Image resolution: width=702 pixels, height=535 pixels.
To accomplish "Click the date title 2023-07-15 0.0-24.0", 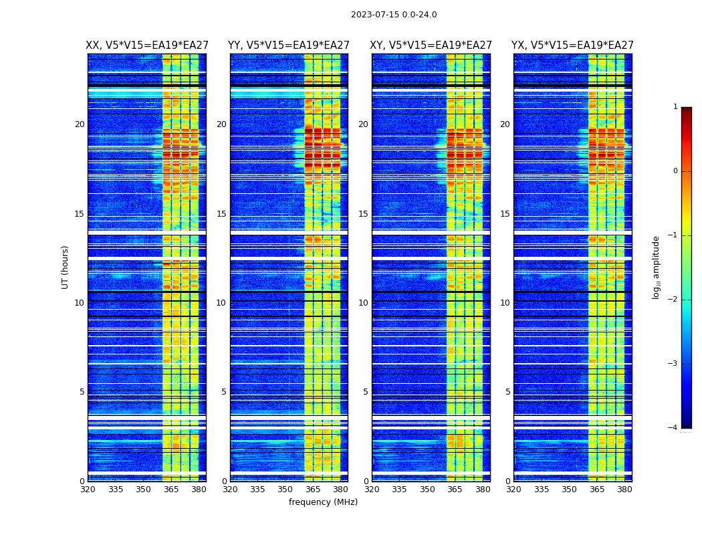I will tap(394, 15).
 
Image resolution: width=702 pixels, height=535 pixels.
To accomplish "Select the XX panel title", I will tap(147, 45).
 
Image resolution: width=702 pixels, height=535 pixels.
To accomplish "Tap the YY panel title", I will tap(289, 45).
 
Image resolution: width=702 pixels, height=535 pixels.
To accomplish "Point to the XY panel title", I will tap(431, 45).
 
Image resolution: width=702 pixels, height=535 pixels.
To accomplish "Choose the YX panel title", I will tap(572, 45).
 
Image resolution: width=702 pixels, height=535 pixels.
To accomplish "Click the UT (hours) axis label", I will tap(66, 267).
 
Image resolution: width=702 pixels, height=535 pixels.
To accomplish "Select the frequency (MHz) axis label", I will tap(323, 502).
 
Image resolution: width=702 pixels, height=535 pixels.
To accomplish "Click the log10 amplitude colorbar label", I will tap(657, 267).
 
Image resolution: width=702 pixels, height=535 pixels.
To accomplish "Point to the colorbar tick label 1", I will tap(675, 107).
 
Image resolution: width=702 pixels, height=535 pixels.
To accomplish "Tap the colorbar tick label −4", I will tap(673, 428).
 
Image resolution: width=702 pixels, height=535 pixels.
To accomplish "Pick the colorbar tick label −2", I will tap(673, 300).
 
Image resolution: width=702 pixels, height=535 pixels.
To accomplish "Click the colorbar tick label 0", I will tap(675, 171).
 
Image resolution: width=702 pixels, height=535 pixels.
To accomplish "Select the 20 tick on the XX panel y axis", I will tap(80, 124).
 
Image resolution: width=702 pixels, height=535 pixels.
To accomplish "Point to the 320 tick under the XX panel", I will tap(88, 490).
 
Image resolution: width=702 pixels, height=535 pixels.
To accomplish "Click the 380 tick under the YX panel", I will tap(624, 490).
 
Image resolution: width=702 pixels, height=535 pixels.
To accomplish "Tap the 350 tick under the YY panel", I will tap(285, 490).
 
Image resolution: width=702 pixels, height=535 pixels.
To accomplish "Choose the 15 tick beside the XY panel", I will tap(363, 214).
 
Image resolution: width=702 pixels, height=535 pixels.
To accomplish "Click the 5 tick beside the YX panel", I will tap(507, 392).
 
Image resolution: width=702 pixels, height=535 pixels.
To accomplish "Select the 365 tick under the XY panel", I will tap(455, 490).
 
